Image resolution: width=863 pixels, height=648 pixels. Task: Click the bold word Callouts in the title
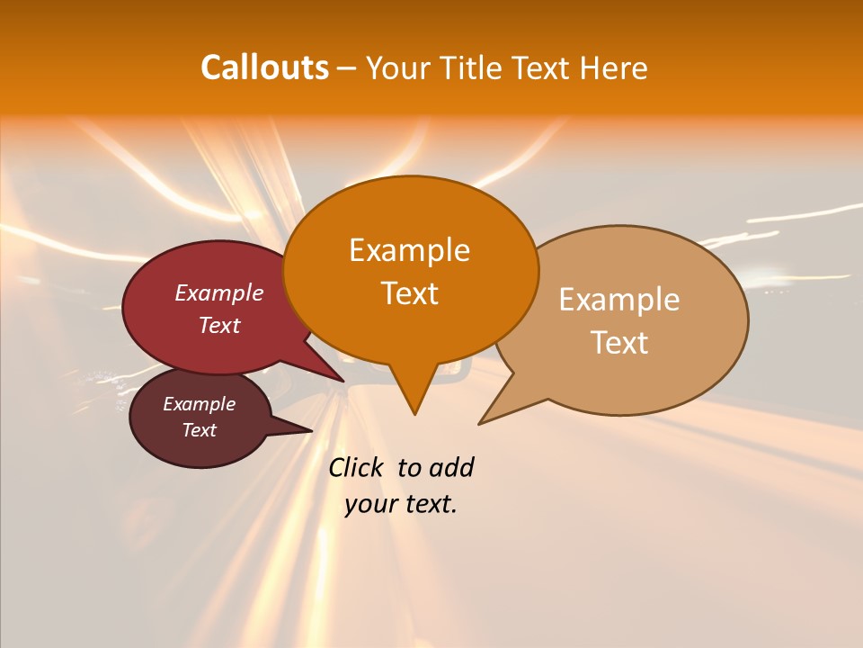(264, 67)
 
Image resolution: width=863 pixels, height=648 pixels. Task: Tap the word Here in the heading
(611, 68)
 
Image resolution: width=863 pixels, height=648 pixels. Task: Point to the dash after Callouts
(346, 69)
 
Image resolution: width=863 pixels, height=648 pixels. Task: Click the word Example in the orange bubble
(409, 250)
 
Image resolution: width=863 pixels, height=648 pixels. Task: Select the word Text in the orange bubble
(409, 293)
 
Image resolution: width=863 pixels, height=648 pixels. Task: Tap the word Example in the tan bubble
(619, 300)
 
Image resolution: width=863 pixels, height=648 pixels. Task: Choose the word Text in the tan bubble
(619, 343)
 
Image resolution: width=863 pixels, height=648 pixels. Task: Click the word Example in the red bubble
(219, 293)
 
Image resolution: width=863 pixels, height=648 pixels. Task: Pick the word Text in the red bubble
(219, 326)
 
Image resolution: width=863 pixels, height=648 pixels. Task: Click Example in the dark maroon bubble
(199, 404)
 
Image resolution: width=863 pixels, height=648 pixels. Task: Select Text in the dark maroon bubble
(199, 430)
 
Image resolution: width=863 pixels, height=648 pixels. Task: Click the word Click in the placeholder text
(357, 468)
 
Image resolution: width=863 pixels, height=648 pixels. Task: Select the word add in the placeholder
(452, 468)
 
